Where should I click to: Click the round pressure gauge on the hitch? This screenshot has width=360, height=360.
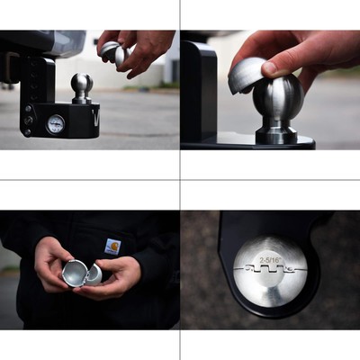(56, 124)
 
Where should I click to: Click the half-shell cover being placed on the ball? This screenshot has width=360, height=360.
(247, 76)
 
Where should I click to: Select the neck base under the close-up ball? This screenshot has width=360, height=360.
(276, 135)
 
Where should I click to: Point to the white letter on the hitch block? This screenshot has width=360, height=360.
(94, 117)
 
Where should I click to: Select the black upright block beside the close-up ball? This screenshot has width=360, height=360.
(198, 90)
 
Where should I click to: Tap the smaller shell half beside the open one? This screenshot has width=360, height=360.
(94, 274)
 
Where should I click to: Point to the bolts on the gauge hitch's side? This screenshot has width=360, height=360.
(29, 119)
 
